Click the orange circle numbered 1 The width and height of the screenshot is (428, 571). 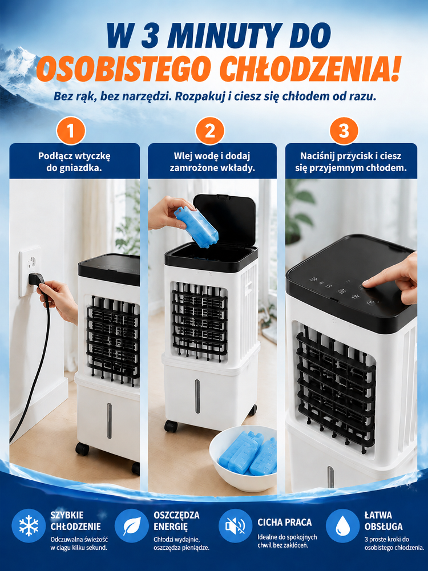click(71, 131)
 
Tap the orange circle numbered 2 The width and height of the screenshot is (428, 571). click(210, 131)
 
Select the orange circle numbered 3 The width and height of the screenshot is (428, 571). click(344, 131)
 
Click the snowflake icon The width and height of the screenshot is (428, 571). click(29, 526)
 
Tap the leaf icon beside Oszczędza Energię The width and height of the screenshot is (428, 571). click(131, 526)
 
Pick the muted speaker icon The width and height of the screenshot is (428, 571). click(235, 526)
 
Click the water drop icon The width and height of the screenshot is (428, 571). click(342, 526)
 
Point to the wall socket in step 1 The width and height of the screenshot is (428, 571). click(30, 271)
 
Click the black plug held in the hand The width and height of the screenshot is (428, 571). click(38, 280)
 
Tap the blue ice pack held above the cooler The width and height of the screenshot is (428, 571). click(196, 226)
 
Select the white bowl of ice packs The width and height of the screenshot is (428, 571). click(243, 457)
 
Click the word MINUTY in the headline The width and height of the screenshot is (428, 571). click(223, 35)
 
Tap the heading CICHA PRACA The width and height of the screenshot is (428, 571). click(285, 522)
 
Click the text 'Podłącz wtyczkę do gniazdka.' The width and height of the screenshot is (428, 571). click(74, 161)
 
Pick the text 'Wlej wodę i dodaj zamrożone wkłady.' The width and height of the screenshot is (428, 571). click(212, 161)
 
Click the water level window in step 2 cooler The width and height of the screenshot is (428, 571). click(197, 396)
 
